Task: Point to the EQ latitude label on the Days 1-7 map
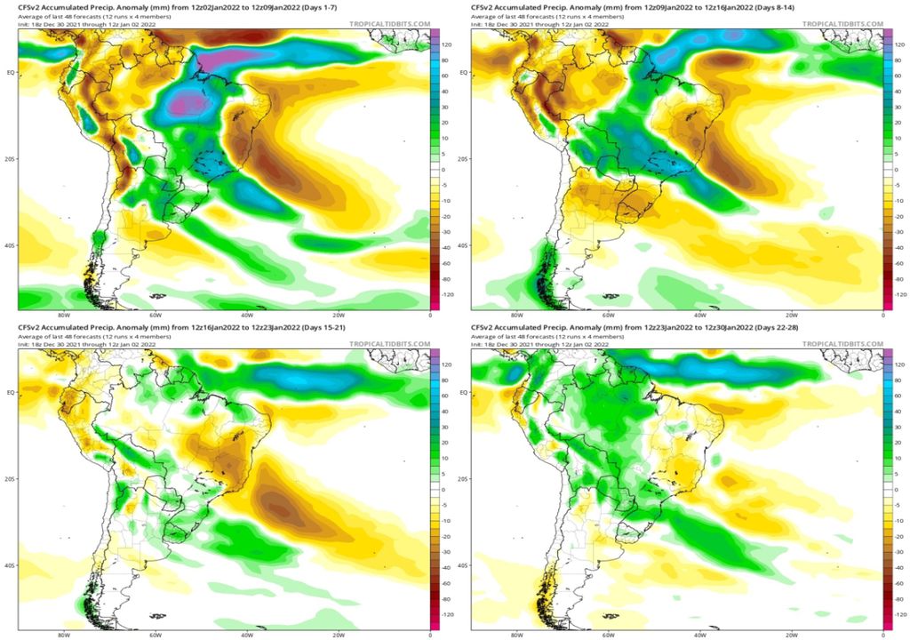pos(11,72)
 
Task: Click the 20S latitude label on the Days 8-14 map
pos(464,158)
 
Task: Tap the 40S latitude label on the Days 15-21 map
pos(11,565)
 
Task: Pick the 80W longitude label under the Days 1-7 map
pos(63,316)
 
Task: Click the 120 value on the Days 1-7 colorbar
pos(448,43)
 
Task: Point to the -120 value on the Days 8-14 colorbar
pos(900,293)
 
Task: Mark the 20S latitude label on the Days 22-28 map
pos(464,479)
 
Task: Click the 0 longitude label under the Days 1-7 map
pos(429,316)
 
